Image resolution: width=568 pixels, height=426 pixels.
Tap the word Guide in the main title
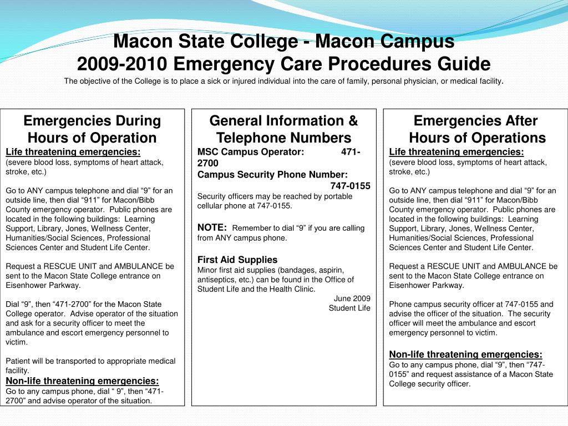(x=463, y=64)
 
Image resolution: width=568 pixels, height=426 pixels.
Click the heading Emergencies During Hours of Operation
(x=92, y=129)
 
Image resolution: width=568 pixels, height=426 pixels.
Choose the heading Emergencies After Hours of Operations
(x=476, y=129)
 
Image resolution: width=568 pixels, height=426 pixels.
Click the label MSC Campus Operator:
(x=251, y=152)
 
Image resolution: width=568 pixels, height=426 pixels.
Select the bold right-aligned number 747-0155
(x=351, y=185)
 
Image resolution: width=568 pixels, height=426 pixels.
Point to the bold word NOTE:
(x=212, y=227)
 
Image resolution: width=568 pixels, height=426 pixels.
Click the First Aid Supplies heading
(x=237, y=260)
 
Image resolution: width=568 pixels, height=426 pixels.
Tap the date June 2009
(x=352, y=298)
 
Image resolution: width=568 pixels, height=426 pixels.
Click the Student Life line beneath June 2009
(x=349, y=308)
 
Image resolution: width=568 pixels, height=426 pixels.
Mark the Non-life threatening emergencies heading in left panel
(x=82, y=381)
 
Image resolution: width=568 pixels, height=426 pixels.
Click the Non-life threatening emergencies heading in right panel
(x=466, y=354)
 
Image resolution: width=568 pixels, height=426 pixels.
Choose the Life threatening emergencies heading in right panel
(x=457, y=152)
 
